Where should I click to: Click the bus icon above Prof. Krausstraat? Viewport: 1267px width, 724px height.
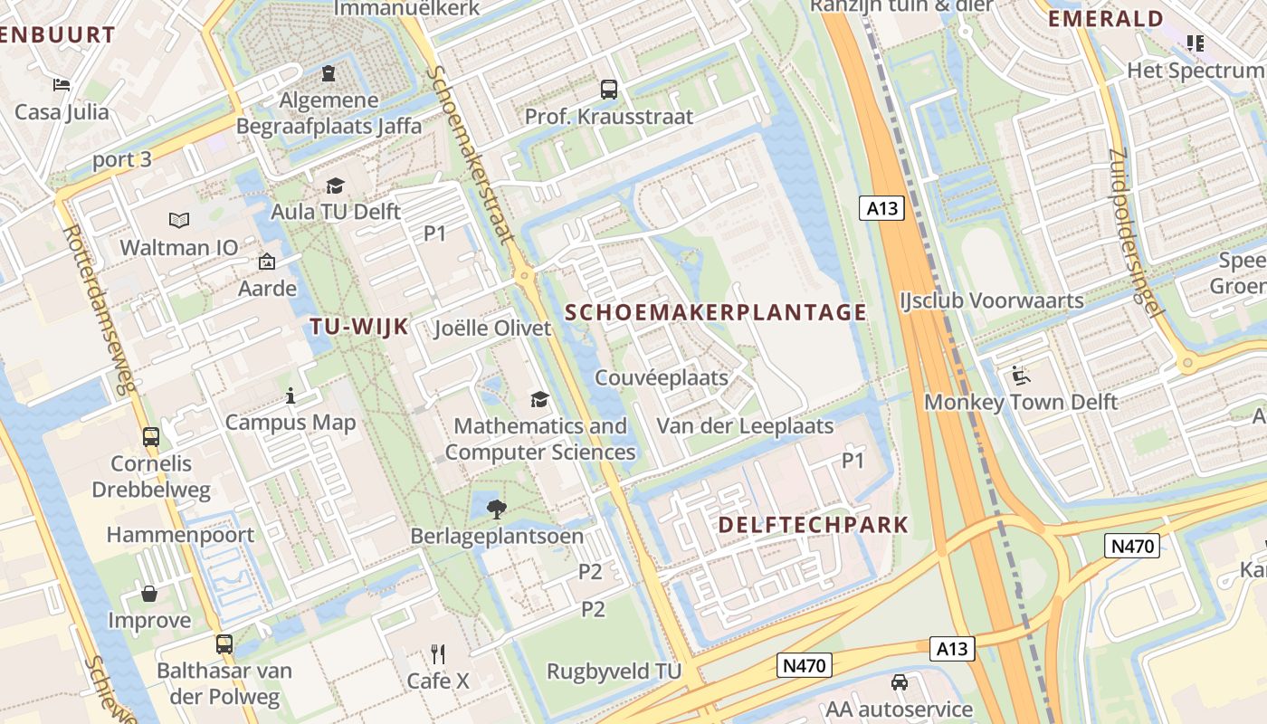pos(609,90)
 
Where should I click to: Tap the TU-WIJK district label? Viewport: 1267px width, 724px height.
pos(359,327)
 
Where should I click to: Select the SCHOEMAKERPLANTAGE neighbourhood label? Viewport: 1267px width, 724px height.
pos(716,313)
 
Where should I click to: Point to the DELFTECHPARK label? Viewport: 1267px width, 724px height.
pos(813,525)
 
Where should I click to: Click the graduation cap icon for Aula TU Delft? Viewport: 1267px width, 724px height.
pos(336,186)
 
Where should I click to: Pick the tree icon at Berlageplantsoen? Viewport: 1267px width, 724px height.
pos(496,509)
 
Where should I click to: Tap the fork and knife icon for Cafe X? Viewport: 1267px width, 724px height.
pos(438,653)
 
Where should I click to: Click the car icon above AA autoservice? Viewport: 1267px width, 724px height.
pos(899,681)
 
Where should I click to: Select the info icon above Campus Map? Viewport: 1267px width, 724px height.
pos(291,395)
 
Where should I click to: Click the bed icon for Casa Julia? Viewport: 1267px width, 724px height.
pos(62,85)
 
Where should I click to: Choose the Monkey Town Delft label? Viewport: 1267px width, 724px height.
pos(1021,402)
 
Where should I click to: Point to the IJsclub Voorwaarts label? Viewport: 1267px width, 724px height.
pos(992,300)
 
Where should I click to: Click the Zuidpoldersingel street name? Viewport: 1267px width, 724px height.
pos(1133,232)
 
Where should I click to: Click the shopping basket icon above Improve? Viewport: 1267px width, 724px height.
pos(149,594)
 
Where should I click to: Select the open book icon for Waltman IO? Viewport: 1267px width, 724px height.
pos(179,220)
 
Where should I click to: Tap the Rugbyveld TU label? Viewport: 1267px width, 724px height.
pos(614,672)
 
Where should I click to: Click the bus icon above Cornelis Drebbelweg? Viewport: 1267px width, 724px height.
pos(151,436)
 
